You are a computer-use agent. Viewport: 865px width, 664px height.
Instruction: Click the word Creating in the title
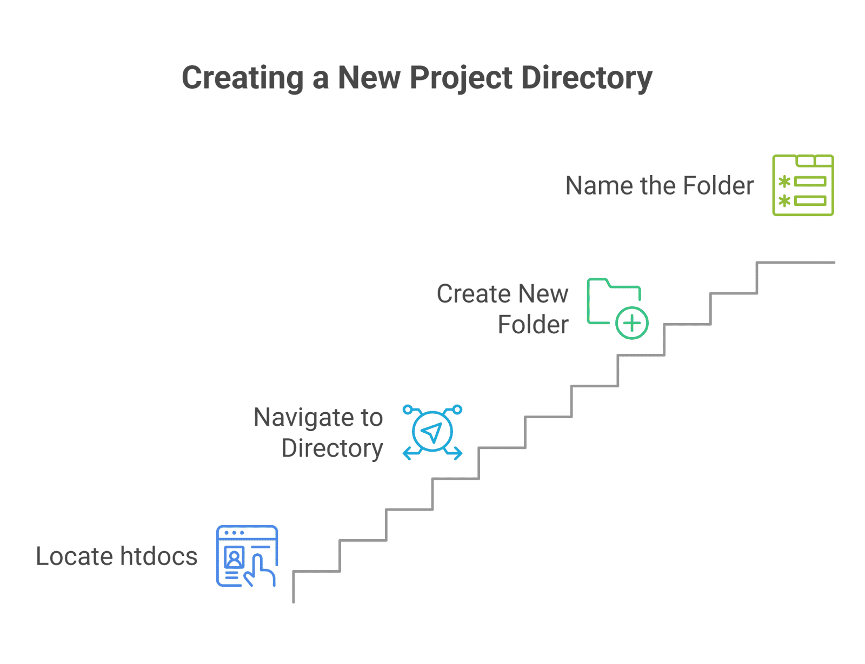tap(242, 78)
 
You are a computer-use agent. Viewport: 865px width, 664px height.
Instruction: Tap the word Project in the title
tap(461, 78)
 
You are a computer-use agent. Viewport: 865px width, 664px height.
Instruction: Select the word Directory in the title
tap(587, 78)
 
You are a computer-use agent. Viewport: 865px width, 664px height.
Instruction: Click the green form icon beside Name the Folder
tap(802, 185)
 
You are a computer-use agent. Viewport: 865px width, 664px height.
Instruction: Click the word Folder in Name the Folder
tap(718, 185)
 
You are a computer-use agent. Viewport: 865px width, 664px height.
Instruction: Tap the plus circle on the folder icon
tap(632, 323)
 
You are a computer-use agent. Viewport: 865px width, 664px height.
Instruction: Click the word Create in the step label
tap(474, 293)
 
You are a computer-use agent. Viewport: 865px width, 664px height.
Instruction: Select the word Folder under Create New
tap(533, 324)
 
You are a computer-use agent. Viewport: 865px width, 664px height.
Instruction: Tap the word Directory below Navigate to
tap(332, 449)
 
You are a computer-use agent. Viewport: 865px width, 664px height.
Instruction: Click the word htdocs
tap(158, 556)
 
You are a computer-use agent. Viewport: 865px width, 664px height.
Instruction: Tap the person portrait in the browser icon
tap(234, 558)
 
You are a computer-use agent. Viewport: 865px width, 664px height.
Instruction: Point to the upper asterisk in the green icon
tap(784, 182)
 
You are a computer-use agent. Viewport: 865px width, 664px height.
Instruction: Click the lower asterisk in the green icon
tap(784, 201)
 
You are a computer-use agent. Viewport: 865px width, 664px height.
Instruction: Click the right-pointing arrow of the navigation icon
tap(454, 452)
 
